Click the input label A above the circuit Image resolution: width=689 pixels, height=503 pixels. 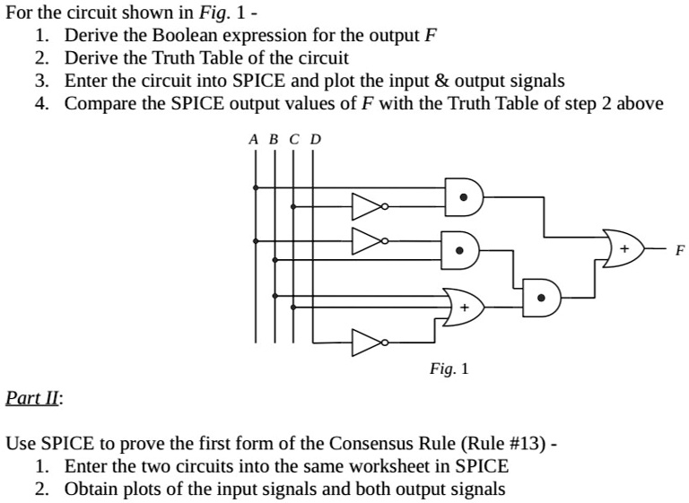click(x=254, y=140)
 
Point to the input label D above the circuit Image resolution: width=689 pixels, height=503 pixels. click(x=314, y=140)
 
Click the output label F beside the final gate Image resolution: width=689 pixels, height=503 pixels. click(x=679, y=250)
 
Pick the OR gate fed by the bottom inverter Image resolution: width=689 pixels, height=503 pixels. click(x=466, y=308)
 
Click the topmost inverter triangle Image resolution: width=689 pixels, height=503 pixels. click(x=368, y=208)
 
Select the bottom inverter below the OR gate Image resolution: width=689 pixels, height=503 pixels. click(x=368, y=343)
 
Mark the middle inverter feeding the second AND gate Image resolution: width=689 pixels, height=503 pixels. click(x=368, y=240)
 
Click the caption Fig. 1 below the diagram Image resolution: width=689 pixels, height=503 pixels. click(x=449, y=368)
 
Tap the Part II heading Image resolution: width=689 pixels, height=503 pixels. click(x=33, y=397)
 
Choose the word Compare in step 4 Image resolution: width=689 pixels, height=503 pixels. click(x=96, y=104)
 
